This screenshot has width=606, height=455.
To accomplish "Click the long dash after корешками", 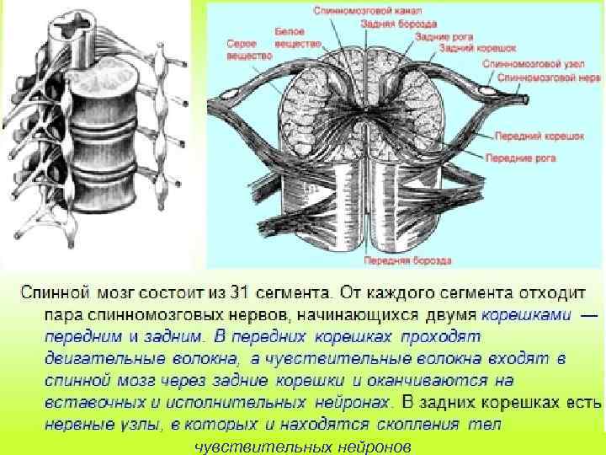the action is (x=590, y=314).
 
